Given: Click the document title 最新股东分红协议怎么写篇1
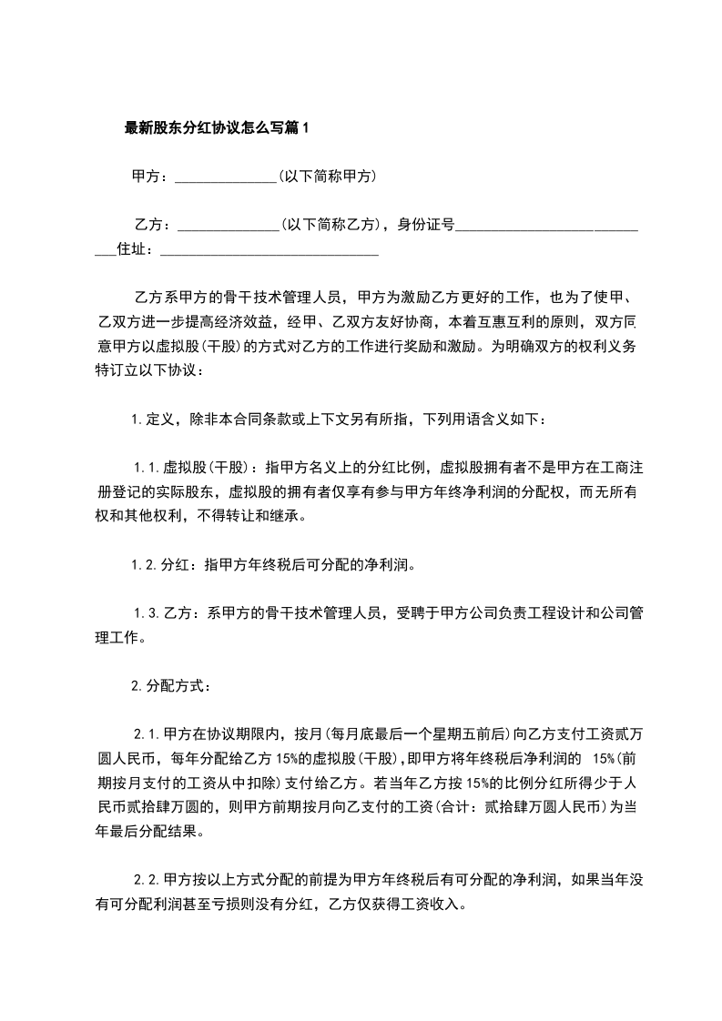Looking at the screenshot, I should (217, 128).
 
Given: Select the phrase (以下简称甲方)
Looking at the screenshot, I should (328, 177).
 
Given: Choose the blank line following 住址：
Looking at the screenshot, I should (269, 252).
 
